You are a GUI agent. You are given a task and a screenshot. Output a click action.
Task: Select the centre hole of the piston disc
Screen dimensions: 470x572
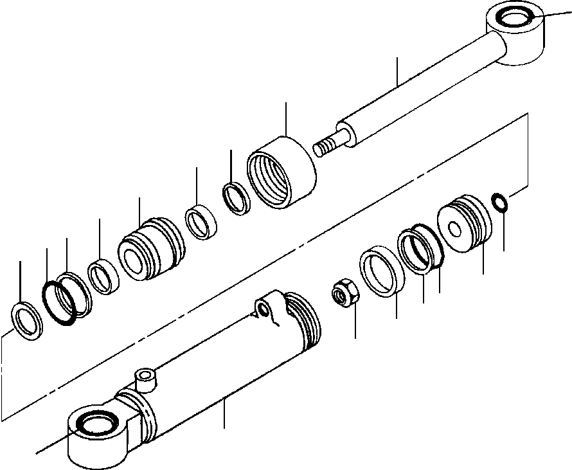pyautogui.click(x=456, y=229)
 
